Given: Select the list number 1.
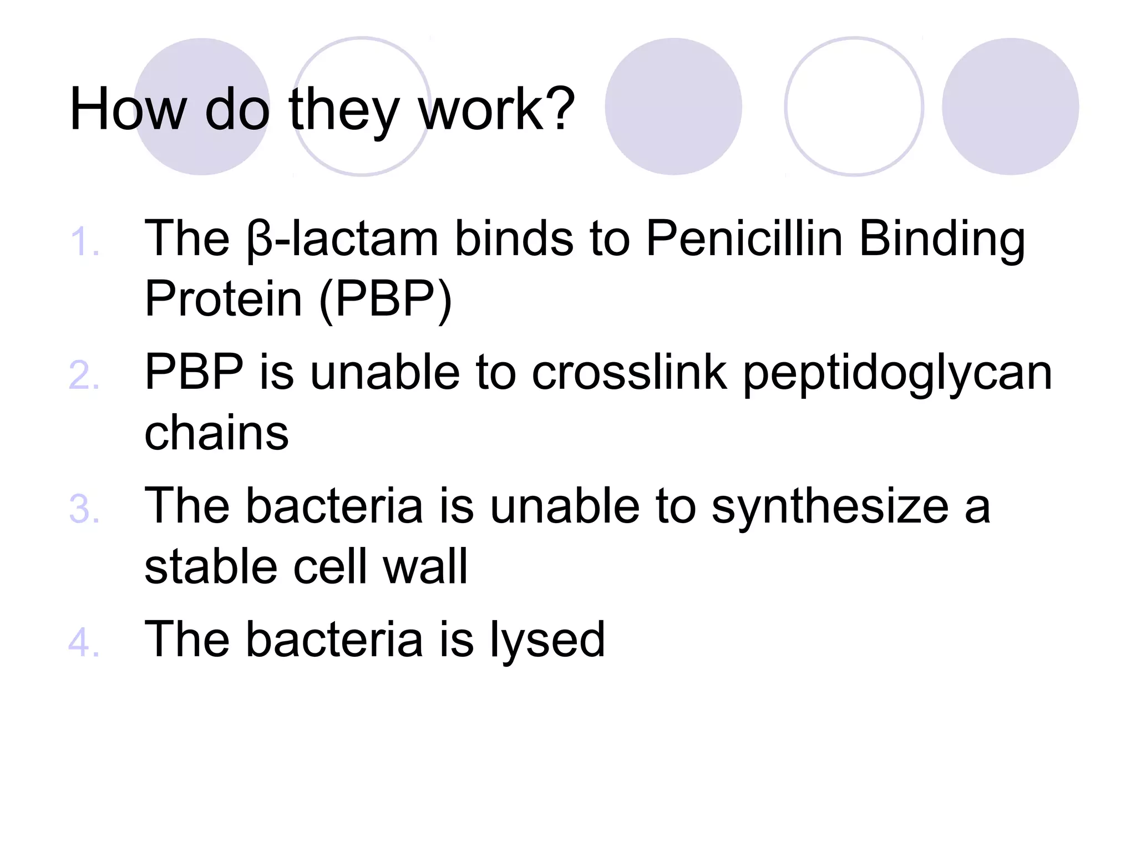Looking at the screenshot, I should [84, 242].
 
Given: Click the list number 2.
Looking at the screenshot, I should [84, 376].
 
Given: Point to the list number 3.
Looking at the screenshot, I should [84, 509].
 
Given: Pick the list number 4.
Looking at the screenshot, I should [84, 642].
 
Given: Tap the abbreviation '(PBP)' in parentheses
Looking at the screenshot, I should [386, 300].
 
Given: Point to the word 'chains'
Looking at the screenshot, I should [216, 433].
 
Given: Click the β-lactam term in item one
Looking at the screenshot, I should [343, 240].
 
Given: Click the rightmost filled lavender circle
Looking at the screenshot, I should [1010, 106].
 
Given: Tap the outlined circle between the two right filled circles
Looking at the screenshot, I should [854, 106].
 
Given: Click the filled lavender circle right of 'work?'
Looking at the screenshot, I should [673, 106].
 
